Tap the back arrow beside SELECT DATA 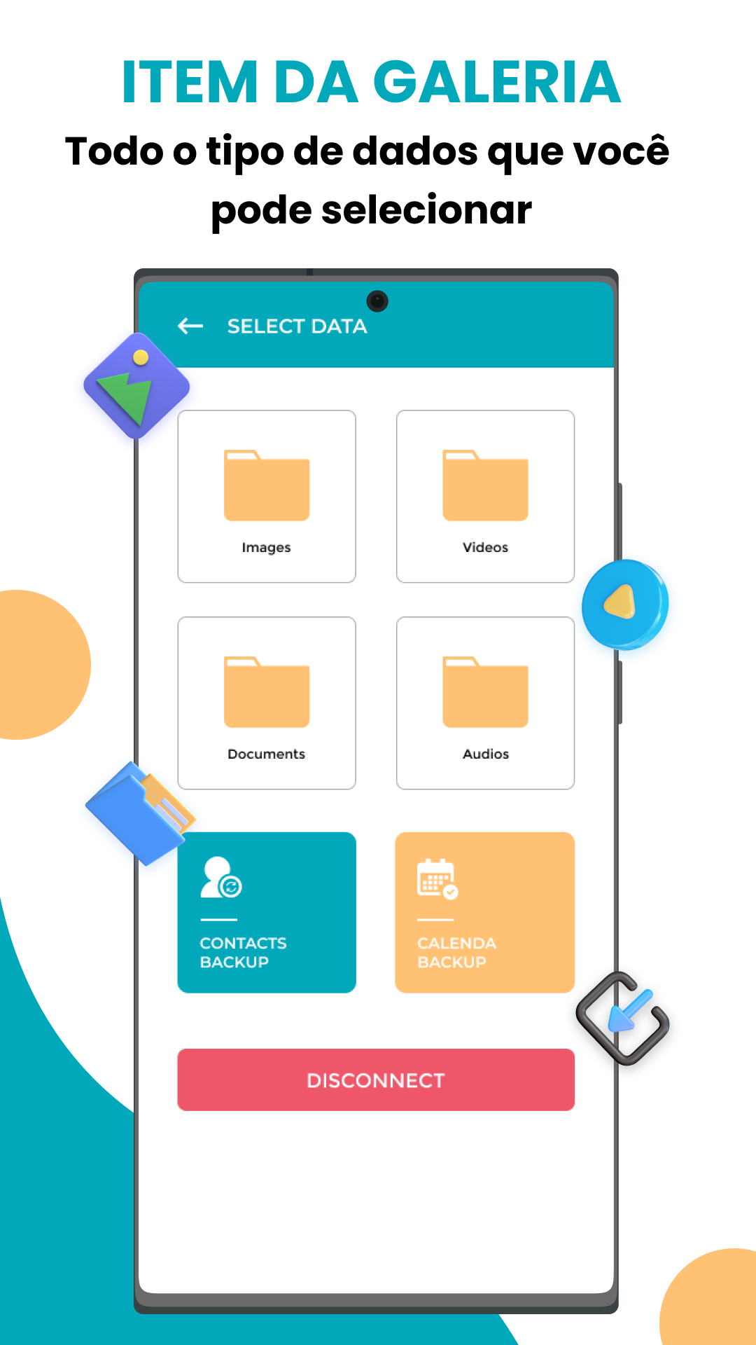pyautogui.click(x=190, y=326)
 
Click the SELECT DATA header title pyautogui.click(x=297, y=326)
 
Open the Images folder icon pyautogui.click(x=267, y=485)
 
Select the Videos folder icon pyautogui.click(x=485, y=485)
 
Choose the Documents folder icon pyautogui.click(x=267, y=692)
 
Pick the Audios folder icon pyautogui.click(x=485, y=692)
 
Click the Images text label pyautogui.click(x=266, y=548)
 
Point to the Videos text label pyautogui.click(x=485, y=547)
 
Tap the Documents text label pyautogui.click(x=266, y=754)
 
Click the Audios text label pyautogui.click(x=486, y=754)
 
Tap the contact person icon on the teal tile pyautogui.click(x=220, y=877)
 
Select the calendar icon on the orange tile pyautogui.click(x=437, y=878)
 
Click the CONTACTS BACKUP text pyautogui.click(x=243, y=953)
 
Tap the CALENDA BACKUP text pyautogui.click(x=456, y=953)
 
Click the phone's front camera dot pyautogui.click(x=377, y=301)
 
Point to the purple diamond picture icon pyautogui.click(x=136, y=386)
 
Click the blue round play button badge pyautogui.click(x=625, y=604)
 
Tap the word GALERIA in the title pyautogui.click(x=497, y=83)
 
